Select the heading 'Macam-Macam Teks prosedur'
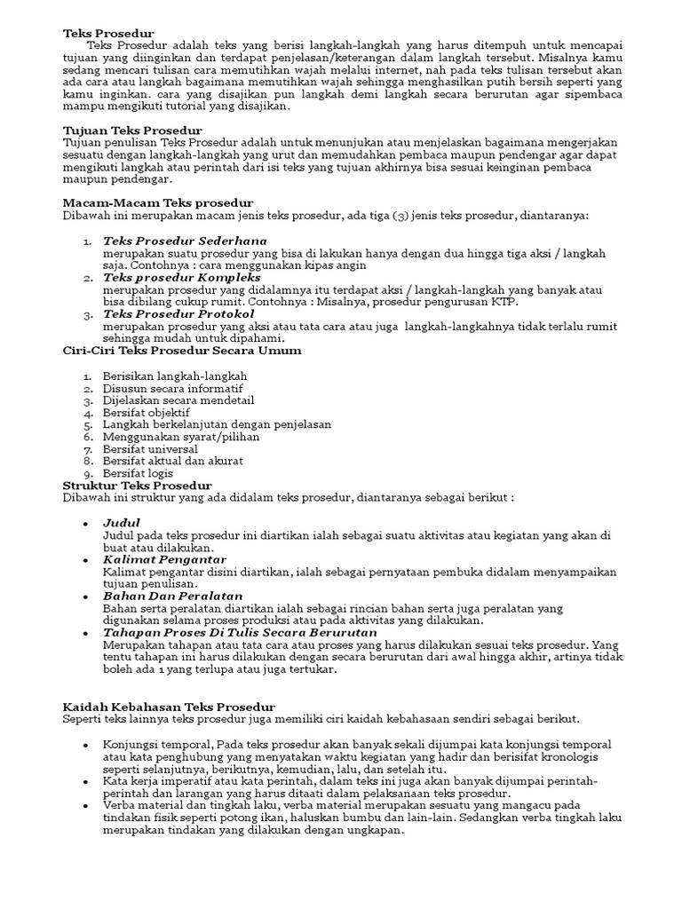[158, 202]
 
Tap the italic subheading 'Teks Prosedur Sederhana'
[185, 241]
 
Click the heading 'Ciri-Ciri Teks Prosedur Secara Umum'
[181, 351]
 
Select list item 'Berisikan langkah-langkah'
[174, 376]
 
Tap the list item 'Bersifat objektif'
[147, 413]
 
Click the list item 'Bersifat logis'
[139, 473]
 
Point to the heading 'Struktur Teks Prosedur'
[138, 486]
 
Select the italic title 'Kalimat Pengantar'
[164, 560]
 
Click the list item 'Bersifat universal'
[150, 449]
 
